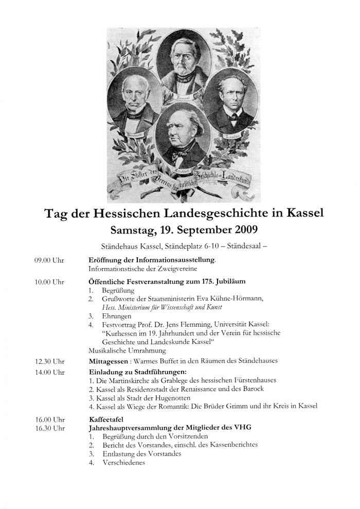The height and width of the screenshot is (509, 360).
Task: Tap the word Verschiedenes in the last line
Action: pyautogui.click(x=123, y=462)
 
